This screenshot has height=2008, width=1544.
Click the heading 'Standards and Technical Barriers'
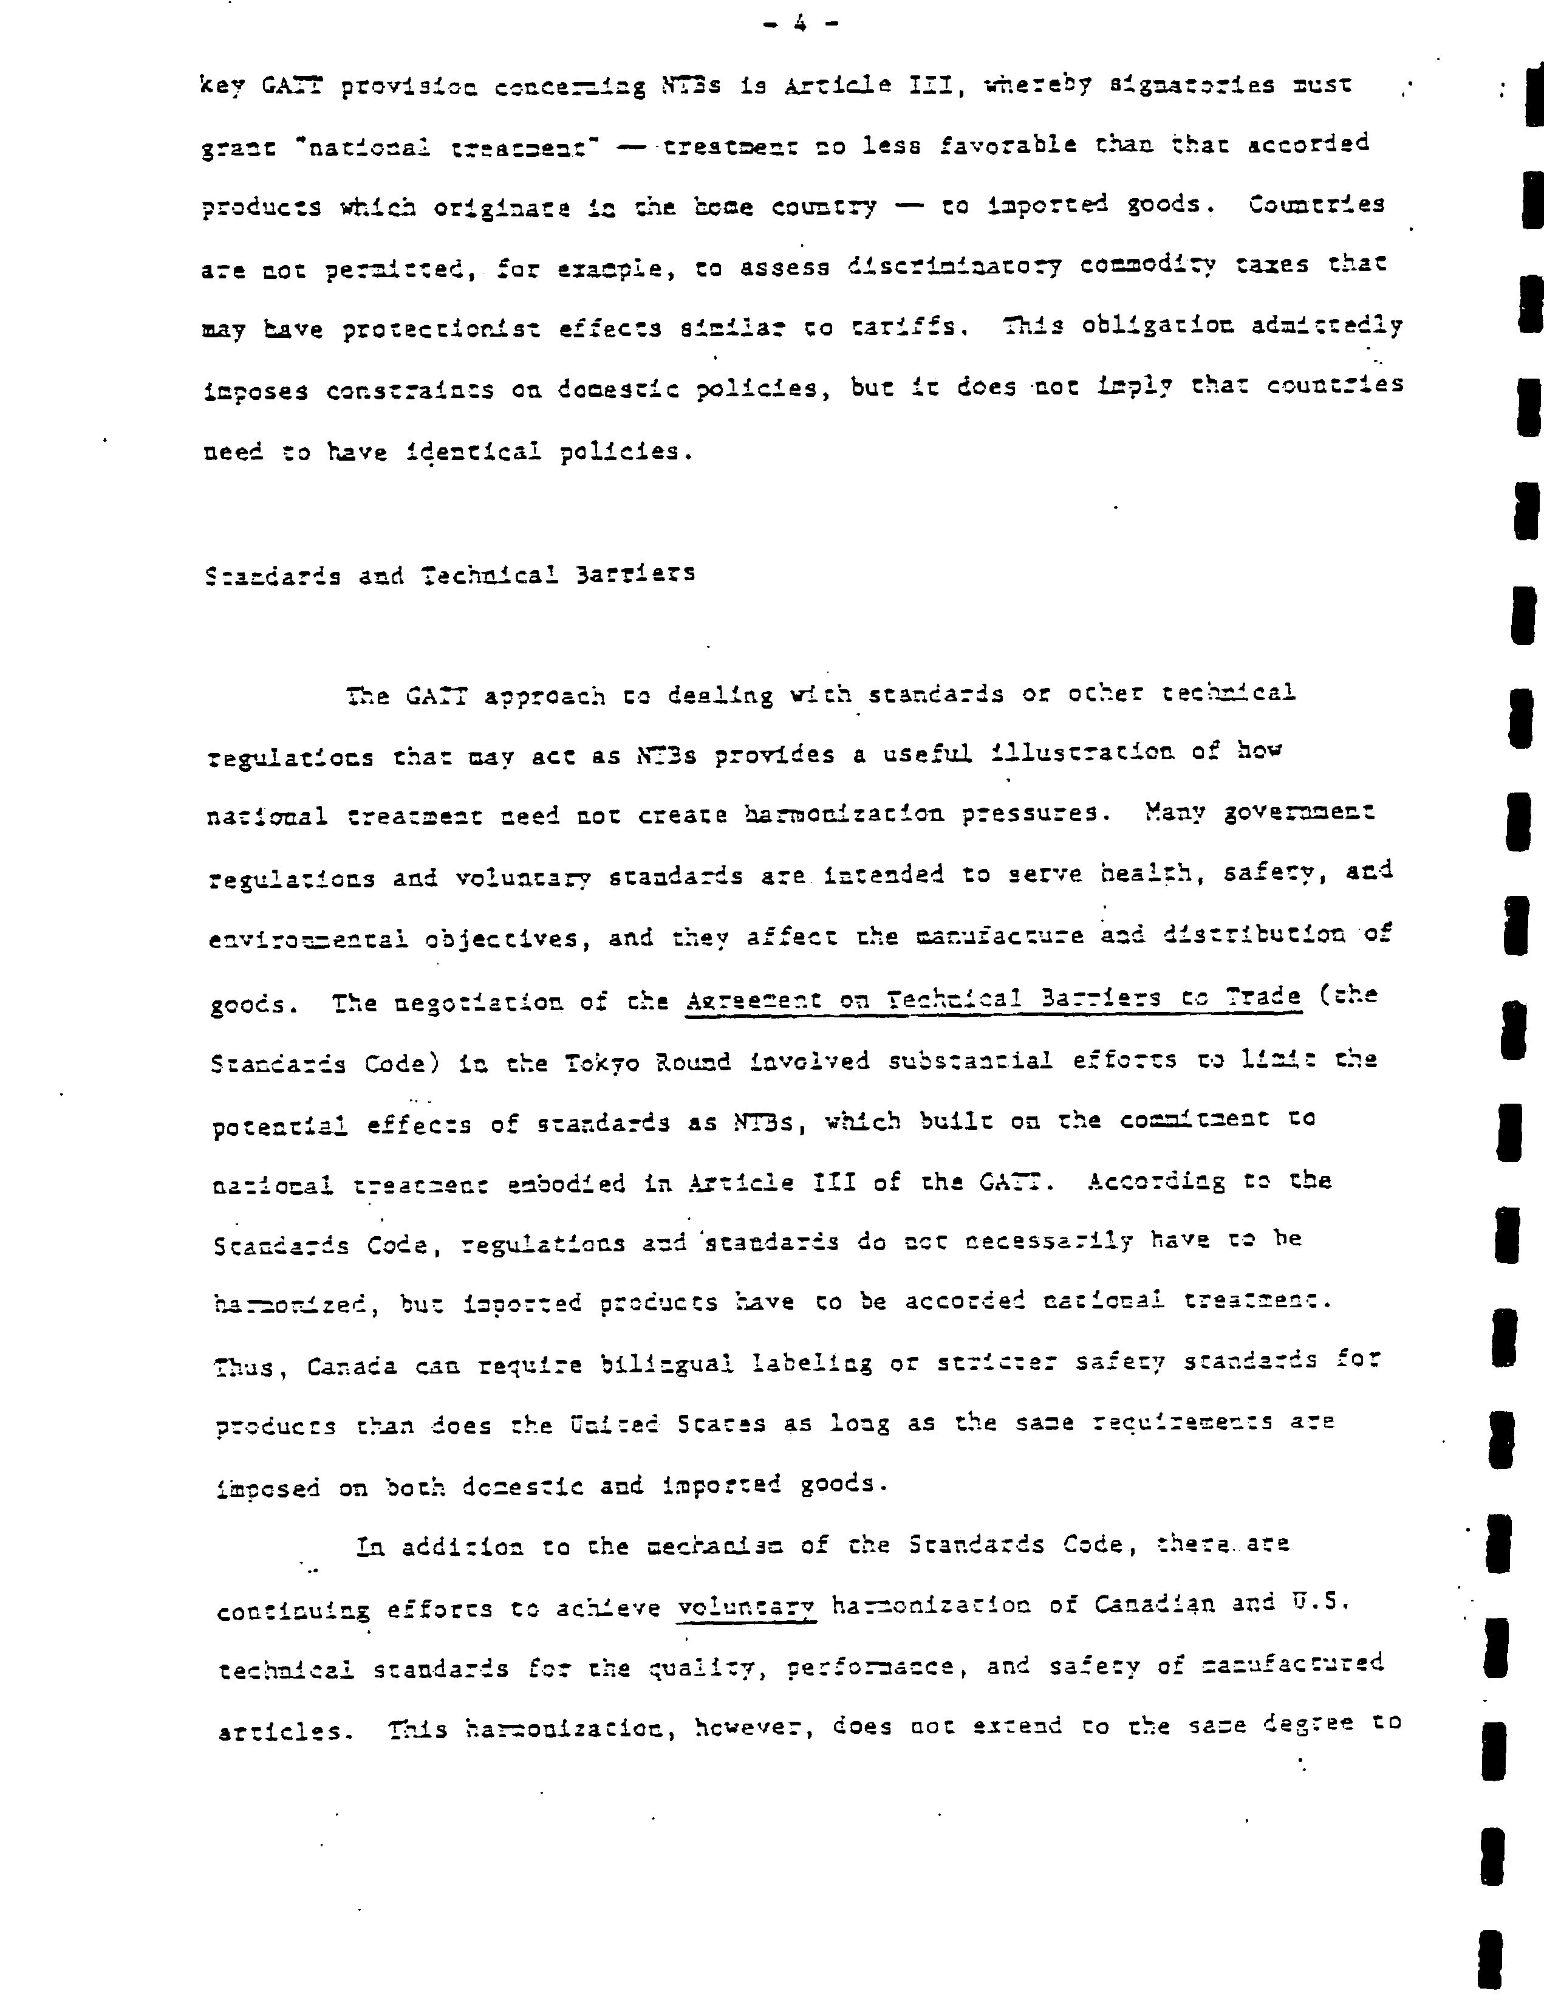point(449,575)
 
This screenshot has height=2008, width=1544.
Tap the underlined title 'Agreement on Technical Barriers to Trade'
point(992,997)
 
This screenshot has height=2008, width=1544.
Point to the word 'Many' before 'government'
point(1173,813)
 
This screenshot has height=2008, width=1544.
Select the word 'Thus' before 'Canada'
point(244,1367)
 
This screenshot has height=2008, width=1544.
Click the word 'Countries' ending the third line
point(1316,204)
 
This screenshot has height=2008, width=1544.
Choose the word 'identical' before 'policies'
point(473,452)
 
